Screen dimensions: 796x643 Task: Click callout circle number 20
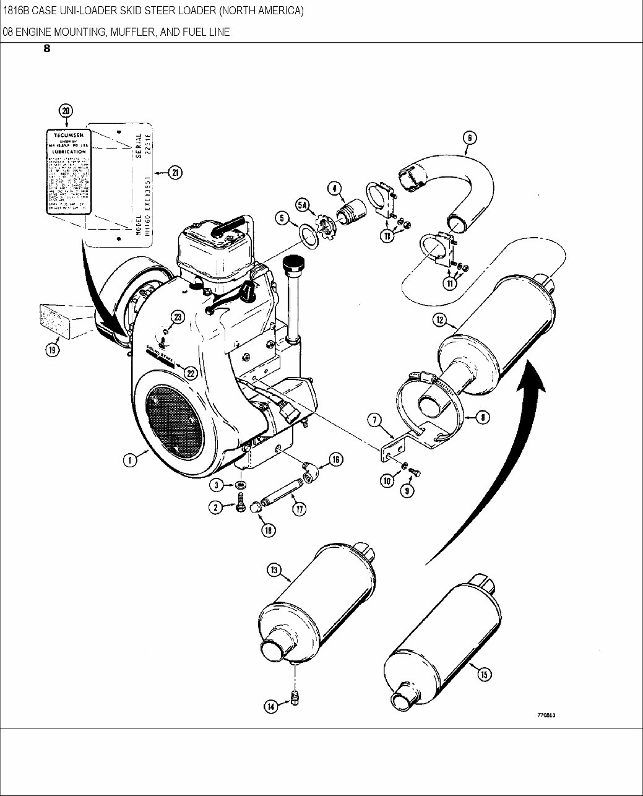66,111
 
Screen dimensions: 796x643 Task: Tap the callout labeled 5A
303,205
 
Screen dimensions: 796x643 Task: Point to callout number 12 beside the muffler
441,320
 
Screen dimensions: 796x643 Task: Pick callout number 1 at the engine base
129,460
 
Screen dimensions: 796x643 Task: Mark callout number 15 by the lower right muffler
484,675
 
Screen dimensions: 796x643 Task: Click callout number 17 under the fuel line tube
300,509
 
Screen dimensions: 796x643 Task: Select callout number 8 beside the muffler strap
482,418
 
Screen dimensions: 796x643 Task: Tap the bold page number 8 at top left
47,50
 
